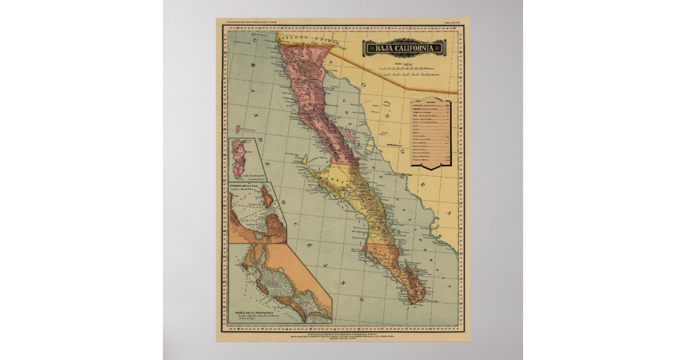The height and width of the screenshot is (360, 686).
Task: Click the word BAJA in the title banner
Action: tap(382, 48)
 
